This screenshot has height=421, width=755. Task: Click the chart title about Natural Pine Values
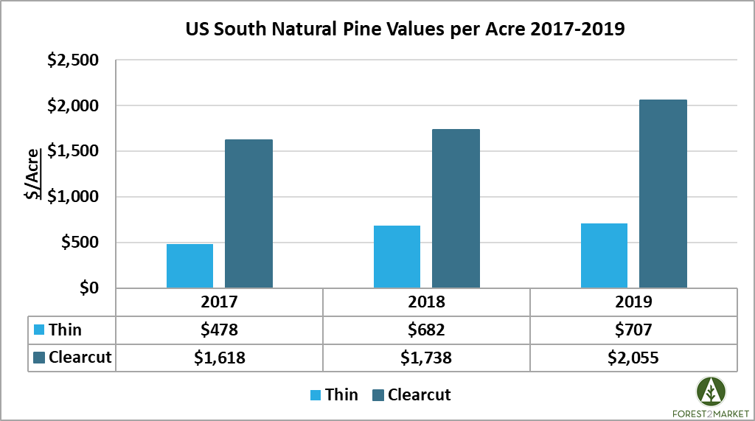tap(405, 31)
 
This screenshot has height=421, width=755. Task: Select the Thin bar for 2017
tap(189, 265)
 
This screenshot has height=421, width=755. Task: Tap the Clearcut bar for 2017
tap(248, 214)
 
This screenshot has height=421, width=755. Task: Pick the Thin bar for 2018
tap(397, 257)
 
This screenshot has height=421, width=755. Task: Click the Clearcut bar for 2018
tap(456, 209)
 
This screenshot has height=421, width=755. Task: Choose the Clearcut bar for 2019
tap(663, 194)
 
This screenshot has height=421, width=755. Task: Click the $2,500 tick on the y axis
tap(72, 60)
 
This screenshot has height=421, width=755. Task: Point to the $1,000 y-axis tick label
tap(72, 197)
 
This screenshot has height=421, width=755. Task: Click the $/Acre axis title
tap(32, 173)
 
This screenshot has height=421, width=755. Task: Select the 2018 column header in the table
tap(426, 302)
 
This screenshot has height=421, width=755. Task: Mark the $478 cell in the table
tap(219, 330)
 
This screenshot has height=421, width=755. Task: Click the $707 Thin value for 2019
tap(633, 330)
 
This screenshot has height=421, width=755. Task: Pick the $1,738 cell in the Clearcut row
tap(426, 358)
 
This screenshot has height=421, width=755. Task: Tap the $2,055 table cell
tap(633, 358)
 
